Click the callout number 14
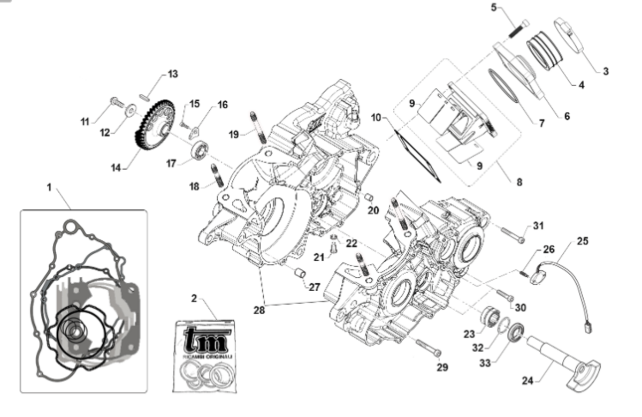click(116, 168)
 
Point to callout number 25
click(583, 241)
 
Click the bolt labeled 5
click(517, 28)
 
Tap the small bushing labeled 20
click(369, 198)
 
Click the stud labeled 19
click(257, 126)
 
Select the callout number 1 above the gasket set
click(49, 188)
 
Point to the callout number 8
click(519, 182)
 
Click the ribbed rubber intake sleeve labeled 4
click(543, 50)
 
